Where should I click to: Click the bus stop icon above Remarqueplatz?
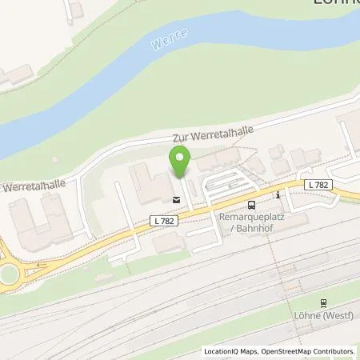pyautogui.click(x=251, y=204)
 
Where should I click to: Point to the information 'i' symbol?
pyautogui.click(x=277, y=194)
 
